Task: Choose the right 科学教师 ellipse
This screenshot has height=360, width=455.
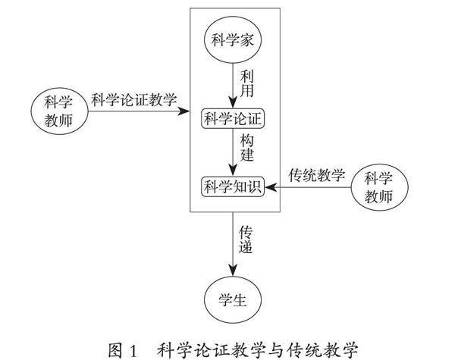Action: point(378,188)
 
